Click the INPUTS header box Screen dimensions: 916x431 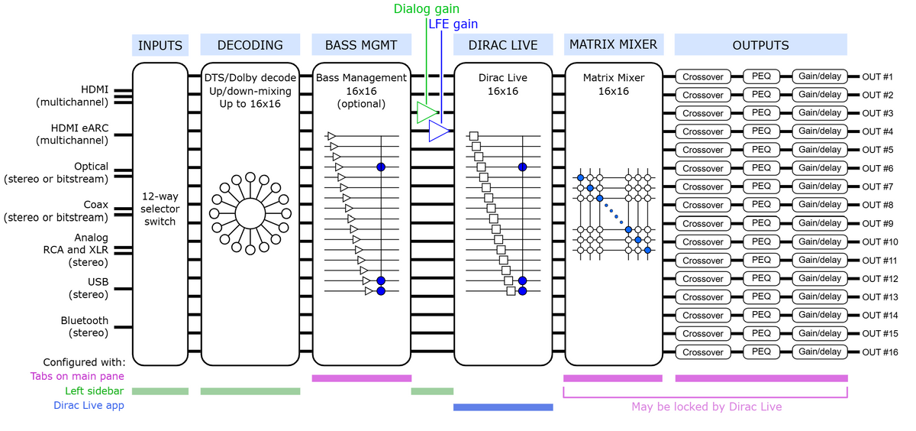(160, 45)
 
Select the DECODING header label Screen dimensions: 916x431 (250, 44)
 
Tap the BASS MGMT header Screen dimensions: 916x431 (362, 44)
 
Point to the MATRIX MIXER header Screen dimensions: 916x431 (614, 44)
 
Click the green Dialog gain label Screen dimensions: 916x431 (426, 8)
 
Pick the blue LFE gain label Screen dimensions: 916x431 (453, 24)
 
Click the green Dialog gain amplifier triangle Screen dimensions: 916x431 (427, 112)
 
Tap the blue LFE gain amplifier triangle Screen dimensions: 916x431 (439, 131)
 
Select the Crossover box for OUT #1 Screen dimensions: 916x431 (703, 76)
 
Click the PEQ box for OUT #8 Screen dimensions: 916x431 (761, 204)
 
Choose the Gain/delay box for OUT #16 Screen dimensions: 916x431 (820, 352)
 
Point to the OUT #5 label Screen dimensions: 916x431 (878, 150)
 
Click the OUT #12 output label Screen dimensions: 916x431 (880, 279)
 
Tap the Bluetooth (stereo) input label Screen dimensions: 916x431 (85, 326)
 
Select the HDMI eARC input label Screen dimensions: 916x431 (73, 134)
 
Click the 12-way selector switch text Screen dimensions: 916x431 (160, 209)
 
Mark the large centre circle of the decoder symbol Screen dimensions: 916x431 (250, 213)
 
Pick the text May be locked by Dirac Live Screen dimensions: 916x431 (706, 407)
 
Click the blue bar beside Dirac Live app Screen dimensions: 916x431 (503, 407)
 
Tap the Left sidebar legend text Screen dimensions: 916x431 (94, 391)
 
